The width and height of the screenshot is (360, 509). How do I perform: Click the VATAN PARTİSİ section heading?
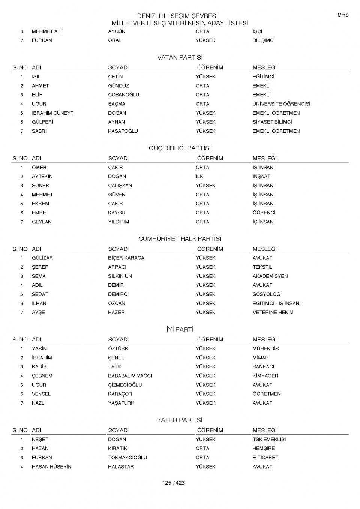pos(180,58)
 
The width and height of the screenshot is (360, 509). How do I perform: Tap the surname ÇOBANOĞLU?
pos(123,95)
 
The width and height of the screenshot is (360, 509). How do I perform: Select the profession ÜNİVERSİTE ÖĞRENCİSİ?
pos(281,104)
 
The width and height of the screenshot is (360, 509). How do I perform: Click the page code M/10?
pos(343,15)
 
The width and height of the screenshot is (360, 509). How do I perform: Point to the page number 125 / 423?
pos(173,483)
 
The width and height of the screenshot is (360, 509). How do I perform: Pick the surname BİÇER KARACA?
pos(126,258)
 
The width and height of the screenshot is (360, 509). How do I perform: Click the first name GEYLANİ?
pos(42,222)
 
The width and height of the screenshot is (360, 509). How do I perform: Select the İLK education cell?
pos(199,177)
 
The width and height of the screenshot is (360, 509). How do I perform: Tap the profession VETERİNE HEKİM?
pos(273,312)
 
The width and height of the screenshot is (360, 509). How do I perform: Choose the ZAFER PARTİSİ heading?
pos(180,420)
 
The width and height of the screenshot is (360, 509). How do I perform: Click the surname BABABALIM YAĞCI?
pos(130,376)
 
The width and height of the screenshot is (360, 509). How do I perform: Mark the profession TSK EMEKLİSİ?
pos(269,439)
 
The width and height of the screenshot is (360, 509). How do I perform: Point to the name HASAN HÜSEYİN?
pos(51,467)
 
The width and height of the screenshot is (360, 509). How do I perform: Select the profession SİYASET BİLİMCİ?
pos(272,122)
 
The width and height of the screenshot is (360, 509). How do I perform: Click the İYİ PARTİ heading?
pos(180,329)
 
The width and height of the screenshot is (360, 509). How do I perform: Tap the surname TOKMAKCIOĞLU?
pos(127,457)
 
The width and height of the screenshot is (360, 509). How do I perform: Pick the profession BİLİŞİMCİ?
pos(264,40)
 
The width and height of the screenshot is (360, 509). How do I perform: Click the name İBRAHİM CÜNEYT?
pos(52,113)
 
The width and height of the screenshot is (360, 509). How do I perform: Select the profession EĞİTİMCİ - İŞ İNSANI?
pos(276,303)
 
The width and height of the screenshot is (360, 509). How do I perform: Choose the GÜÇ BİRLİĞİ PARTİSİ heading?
pos(180,148)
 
